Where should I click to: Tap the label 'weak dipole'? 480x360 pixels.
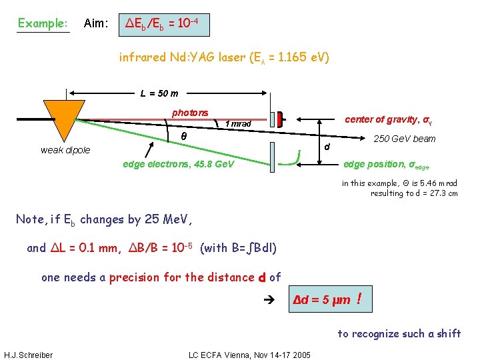[65, 150]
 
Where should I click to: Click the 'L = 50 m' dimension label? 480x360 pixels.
[159, 93]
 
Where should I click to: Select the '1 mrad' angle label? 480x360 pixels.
[238, 124]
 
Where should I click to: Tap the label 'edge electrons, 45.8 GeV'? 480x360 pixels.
[179, 163]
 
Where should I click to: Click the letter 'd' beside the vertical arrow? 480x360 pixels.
[327, 146]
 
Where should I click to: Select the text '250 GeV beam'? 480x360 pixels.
[404, 139]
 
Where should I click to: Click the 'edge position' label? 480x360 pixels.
[386, 164]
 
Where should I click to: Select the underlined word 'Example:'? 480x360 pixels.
[43, 23]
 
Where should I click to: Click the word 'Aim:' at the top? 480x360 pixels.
[96, 23]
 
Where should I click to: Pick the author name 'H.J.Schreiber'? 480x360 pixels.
[28, 355]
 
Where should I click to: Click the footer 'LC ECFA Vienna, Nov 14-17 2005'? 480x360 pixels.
[250, 355]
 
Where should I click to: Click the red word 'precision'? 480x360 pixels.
[135, 277]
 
